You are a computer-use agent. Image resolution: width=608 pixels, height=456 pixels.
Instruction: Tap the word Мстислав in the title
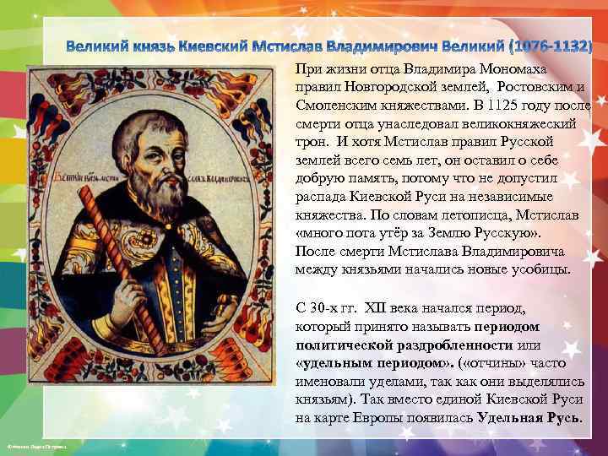300,45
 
